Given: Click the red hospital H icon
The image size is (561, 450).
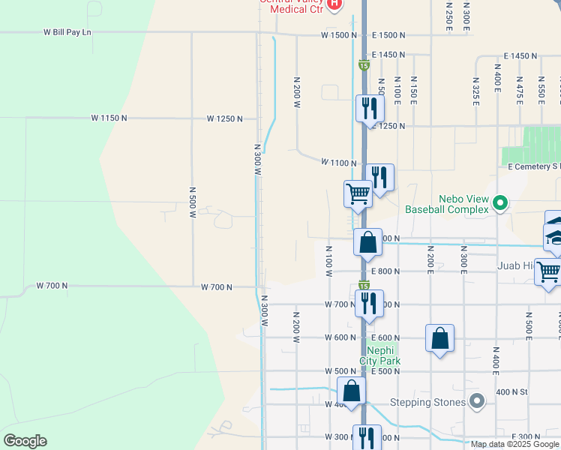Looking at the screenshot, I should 334,4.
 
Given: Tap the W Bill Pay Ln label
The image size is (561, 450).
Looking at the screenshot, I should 67,32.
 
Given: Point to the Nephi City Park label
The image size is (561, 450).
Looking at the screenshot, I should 383,355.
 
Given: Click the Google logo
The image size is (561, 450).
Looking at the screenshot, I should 25,441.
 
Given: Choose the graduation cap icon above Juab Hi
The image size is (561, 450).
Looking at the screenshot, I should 554,236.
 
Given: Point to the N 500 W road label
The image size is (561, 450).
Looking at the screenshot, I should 192,202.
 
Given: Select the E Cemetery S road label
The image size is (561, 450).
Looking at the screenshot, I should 534,166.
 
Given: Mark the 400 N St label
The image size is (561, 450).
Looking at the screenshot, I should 512,391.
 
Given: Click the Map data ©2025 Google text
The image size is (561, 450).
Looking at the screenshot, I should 515,444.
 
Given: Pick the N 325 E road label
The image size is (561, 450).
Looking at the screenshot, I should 475,90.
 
